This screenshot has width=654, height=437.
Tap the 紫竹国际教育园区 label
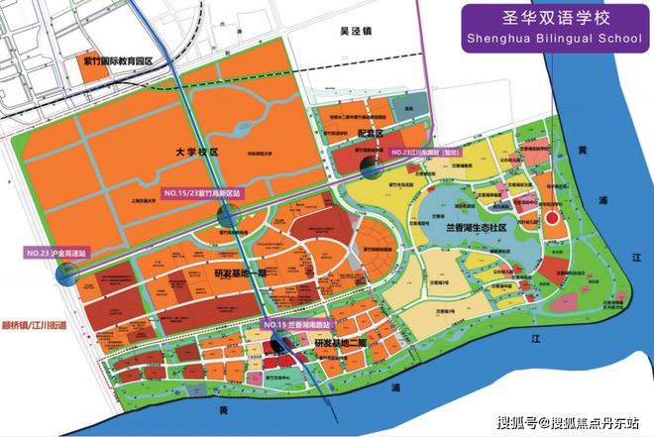pos(119,60)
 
